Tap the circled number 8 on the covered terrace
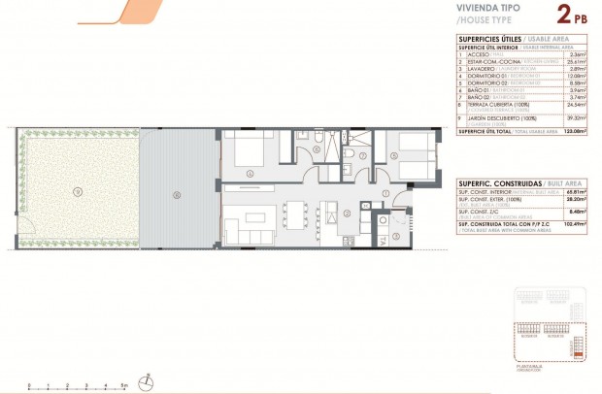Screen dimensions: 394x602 point(176,193)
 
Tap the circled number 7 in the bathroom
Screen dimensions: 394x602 point(362,155)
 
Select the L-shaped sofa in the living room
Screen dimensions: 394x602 point(245,233)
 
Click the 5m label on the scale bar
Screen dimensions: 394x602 point(124,386)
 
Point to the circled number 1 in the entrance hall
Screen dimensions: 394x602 point(385,194)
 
